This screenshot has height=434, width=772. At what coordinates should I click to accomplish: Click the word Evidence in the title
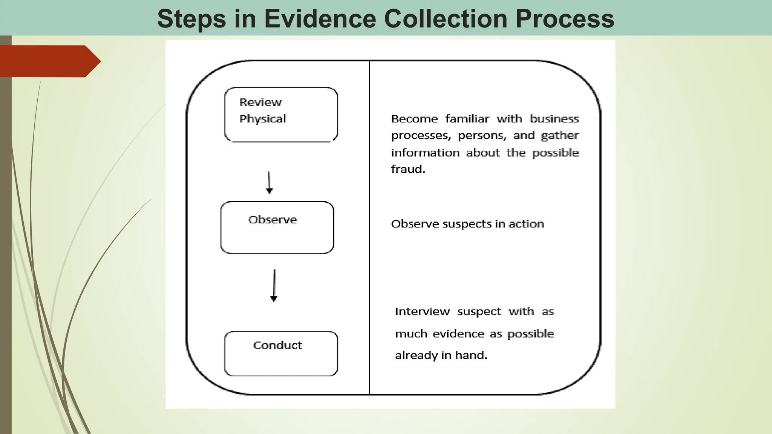pyautogui.click(x=320, y=19)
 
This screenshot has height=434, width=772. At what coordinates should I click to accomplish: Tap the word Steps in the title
pyautogui.click(x=191, y=19)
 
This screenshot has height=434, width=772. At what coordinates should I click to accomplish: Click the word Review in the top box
pyautogui.click(x=260, y=102)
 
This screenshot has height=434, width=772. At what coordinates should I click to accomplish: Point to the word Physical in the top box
pyautogui.click(x=263, y=119)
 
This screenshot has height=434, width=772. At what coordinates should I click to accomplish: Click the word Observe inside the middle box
pyautogui.click(x=273, y=220)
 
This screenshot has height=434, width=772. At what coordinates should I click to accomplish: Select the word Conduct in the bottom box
pyautogui.click(x=277, y=345)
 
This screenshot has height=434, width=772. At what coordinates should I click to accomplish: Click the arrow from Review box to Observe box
pyautogui.click(x=269, y=183)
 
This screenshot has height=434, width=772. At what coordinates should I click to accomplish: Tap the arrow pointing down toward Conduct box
pyautogui.click(x=274, y=285)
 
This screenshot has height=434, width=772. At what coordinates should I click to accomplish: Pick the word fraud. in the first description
pyautogui.click(x=408, y=170)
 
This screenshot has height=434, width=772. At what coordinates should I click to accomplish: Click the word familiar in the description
pyautogui.click(x=467, y=119)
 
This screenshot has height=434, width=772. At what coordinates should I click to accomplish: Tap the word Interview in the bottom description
pyautogui.click(x=422, y=312)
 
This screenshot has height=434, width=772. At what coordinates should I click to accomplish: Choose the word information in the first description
pyautogui.click(x=425, y=153)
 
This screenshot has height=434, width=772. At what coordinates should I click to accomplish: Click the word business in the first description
pyautogui.click(x=554, y=119)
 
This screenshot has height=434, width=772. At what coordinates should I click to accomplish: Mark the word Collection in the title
pyautogui.click(x=446, y=19)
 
